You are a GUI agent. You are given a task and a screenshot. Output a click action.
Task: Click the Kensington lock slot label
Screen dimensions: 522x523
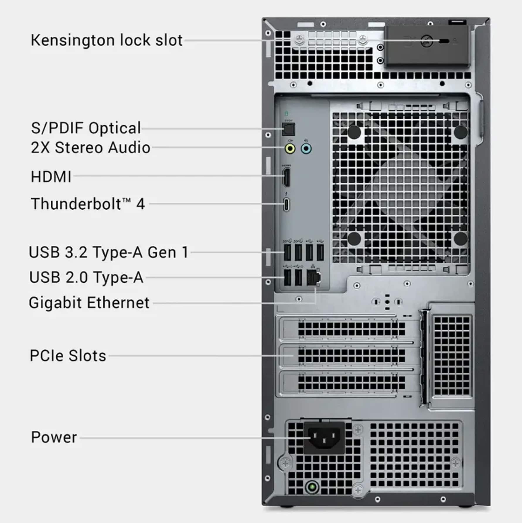click(107, 40)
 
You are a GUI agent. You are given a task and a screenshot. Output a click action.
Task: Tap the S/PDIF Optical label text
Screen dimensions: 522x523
click(86, 128)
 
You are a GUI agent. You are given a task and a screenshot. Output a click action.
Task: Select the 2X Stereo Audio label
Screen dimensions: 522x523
click(91, 147)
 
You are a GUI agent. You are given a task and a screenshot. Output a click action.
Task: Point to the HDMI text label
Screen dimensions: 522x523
click(51, 177)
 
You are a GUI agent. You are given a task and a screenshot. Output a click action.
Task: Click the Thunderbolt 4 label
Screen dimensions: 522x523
click(88, 204)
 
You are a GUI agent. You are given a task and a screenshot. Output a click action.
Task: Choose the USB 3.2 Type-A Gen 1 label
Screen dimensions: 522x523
click(108, 252)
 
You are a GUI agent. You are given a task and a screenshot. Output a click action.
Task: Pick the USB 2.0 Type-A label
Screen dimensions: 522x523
click(86, 277)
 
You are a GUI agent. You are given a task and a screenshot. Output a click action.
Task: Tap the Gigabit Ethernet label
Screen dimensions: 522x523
click(89, 303)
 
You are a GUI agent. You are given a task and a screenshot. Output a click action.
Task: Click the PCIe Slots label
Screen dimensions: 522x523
click(68, 356)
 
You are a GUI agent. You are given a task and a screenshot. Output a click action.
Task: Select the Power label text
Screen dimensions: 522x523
click(54, 437)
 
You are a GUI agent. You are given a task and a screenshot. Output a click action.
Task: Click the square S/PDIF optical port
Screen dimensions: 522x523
click(288, 129)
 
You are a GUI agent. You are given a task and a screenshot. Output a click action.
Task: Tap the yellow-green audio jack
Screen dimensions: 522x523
click(290, 149)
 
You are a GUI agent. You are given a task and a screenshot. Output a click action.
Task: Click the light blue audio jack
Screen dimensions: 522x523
click(306, 149)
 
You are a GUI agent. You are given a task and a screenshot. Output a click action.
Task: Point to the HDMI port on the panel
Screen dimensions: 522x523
click(286, 177)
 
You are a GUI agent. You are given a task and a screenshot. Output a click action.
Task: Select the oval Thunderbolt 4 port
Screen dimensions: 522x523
click(286, 204)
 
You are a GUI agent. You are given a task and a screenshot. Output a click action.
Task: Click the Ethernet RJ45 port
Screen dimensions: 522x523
click(313, 278)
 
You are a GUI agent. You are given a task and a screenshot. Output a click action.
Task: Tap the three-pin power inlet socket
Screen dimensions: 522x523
click(324, 437)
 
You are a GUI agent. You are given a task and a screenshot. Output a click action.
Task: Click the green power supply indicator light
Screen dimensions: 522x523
click(312, 487)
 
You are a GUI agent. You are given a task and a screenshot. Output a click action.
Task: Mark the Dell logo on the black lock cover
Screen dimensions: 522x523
click(427, 41)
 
